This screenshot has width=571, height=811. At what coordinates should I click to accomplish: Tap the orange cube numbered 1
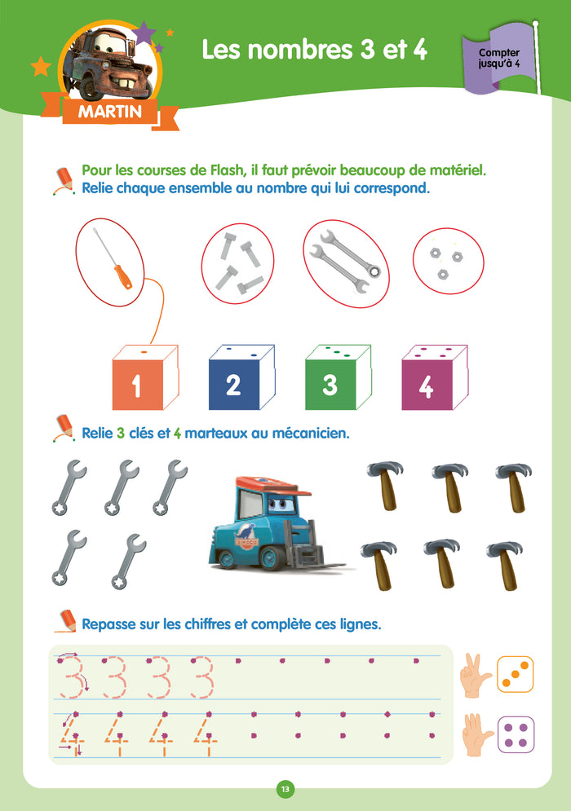click(x=145, y=377)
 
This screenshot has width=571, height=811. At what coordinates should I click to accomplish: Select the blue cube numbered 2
click(x=241, y=377)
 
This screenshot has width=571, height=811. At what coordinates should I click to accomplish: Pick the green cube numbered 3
click(x=338, y=377)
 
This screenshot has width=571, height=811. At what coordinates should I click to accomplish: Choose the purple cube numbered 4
click(x=434, y=377)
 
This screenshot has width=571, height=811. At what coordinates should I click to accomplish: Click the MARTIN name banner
click(x=110, y=112)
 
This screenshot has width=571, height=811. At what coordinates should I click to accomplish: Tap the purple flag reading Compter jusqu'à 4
click(x=498, y=58)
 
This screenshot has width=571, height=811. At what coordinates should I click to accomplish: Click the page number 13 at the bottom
click(x=285, y=789)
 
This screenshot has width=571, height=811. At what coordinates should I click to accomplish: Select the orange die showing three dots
click(x=515, y=674)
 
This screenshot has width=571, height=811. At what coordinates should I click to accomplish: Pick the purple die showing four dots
click(x=516, y=734)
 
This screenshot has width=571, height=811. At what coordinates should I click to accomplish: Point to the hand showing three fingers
click(x=474, y=675)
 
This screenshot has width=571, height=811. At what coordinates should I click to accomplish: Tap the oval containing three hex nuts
click(x=449, y=261)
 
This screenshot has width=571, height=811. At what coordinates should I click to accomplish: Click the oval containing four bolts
click(x=237, y=263)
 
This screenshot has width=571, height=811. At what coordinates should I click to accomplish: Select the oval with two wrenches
click(x=346, y=264)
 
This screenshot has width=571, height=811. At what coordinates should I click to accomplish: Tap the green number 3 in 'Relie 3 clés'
click(x=121, y=433)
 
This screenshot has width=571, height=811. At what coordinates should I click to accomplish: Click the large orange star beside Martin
click(x=41, y=66)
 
